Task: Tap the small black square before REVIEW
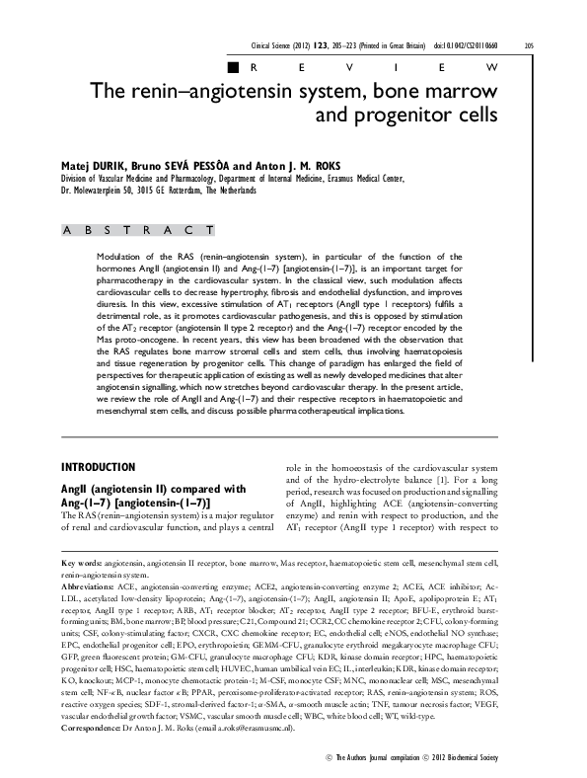[233, 67]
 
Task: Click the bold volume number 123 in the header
[338, 45]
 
